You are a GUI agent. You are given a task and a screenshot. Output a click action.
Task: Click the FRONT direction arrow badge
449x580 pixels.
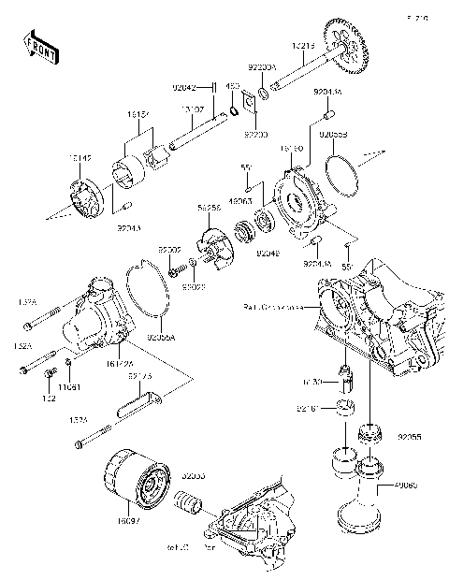(36, 46)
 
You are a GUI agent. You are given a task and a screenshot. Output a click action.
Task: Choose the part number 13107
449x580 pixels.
(193, 110)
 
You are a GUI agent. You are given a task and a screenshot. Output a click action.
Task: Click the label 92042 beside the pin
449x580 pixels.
(184, 87)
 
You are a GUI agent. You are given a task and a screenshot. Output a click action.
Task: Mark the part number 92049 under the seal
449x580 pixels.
(268, 253)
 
